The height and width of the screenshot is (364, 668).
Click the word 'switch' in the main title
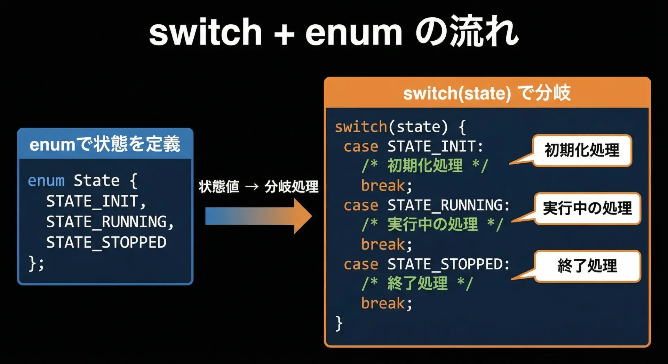(205, 32)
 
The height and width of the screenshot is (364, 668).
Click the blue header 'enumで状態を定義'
(105, 144)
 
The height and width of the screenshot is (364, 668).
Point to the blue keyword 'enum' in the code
(46, 181)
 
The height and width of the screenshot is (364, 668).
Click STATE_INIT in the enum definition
(96, 202)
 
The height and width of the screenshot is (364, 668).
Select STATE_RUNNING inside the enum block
(110, 222)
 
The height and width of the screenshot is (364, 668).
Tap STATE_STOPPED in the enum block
(106, 242)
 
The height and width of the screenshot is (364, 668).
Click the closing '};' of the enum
(36, 263)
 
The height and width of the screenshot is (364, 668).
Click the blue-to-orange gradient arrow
(258, 216)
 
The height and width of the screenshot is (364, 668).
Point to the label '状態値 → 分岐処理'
(259, 187)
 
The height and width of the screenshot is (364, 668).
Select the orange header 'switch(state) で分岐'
(487, 93)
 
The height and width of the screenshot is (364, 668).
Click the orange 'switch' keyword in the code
(361, 127)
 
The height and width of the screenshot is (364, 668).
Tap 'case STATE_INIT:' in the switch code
(414, 146)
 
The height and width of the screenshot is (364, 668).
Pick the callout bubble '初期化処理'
(582, 151)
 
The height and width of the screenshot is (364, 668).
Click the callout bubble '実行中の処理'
(587, 209)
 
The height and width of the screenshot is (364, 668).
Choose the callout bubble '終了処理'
(587, 266)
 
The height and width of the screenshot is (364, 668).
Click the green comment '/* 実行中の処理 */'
(432, 225)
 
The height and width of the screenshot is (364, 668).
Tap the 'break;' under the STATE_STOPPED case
(387, 304)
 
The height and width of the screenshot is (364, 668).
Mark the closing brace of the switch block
(339, 323)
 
